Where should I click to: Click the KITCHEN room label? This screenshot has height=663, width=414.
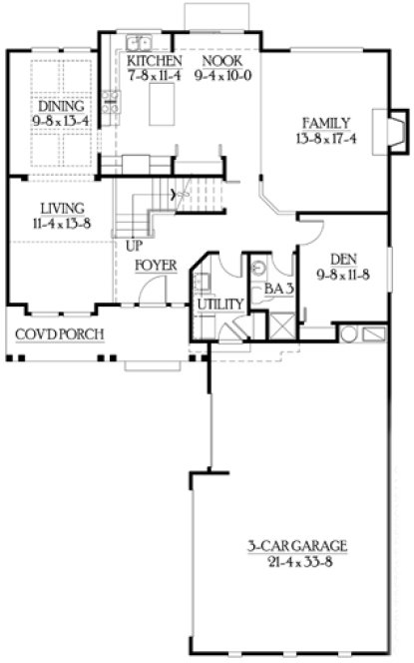[x=154, y=60]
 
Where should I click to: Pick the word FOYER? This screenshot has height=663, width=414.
[x=157, y=266]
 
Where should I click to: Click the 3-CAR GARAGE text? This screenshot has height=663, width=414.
[x=297, y=546]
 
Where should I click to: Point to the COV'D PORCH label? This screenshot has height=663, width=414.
[x=58, y=333]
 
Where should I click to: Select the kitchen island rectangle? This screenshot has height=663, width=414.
[x=163, y=105]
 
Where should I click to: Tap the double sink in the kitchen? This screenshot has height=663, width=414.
[x=138, y=43]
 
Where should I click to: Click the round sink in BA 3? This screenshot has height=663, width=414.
[x=257, y=268]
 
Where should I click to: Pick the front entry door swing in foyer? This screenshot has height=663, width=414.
[x=150, y=290]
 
